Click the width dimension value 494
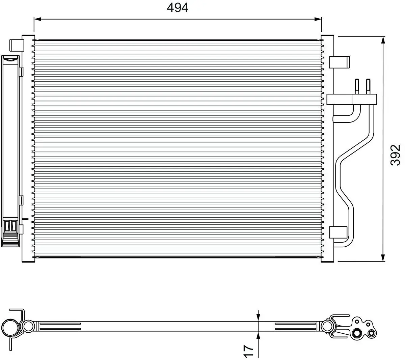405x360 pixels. (x=178, y=7)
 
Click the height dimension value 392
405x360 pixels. (x=395, y=155)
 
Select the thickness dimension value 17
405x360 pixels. (x=248, y=351)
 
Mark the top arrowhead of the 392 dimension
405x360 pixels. (x=383, y=41)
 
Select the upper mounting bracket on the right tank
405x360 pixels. (x=339, y=62)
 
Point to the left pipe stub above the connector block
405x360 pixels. (x=356, y=86)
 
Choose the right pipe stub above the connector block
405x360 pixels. (x=368, y=86)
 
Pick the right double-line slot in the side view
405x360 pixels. (x=295, y=326)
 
